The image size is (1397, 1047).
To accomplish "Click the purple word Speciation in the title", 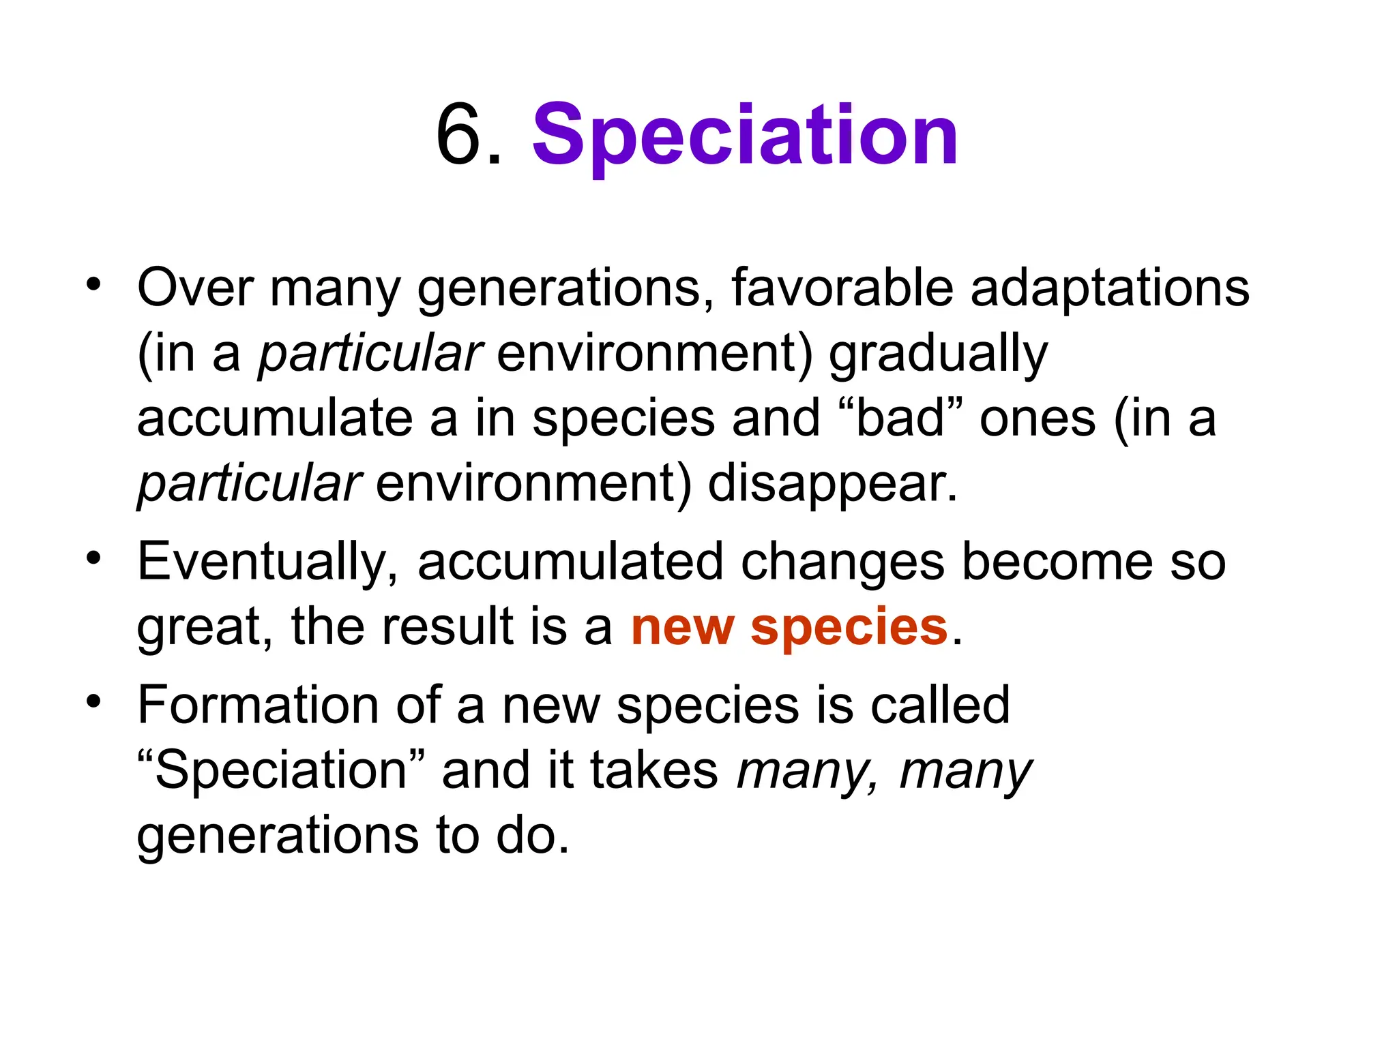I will tap(745, 136).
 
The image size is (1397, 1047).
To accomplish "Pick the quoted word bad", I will tap(900, 418).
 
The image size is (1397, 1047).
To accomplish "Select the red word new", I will tap(683, 626).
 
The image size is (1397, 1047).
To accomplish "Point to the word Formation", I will tap(258, 705).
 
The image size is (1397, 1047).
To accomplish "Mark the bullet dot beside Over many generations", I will tap(93, 284).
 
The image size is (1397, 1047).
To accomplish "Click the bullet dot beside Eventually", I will tap(93, 559).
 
